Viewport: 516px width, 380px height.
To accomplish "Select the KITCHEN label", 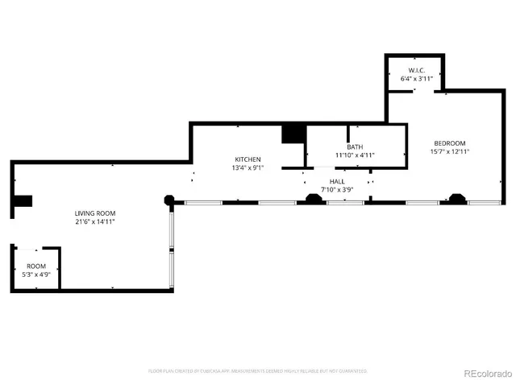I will coord(248,159).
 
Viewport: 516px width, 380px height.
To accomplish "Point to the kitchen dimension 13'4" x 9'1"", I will coord(248,167).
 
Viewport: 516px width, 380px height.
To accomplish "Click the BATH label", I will coord(355,147).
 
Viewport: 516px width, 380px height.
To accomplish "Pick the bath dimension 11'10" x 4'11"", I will coord(355,155).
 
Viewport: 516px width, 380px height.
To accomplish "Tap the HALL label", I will coord(336,182).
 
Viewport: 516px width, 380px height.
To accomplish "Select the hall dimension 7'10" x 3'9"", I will coord(336,191).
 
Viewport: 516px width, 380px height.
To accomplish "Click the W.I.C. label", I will coord(417,70).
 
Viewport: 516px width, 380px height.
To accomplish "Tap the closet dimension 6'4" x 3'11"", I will coord(417,79).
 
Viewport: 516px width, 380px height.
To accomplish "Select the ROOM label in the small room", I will coord(36,266).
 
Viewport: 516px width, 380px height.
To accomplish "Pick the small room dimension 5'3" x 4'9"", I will coord(36,275).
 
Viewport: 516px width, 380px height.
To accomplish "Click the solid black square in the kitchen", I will coord(292,134).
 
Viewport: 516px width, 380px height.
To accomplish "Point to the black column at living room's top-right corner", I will coord(169,199).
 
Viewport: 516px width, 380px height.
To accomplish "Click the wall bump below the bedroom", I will coord(457,197).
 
